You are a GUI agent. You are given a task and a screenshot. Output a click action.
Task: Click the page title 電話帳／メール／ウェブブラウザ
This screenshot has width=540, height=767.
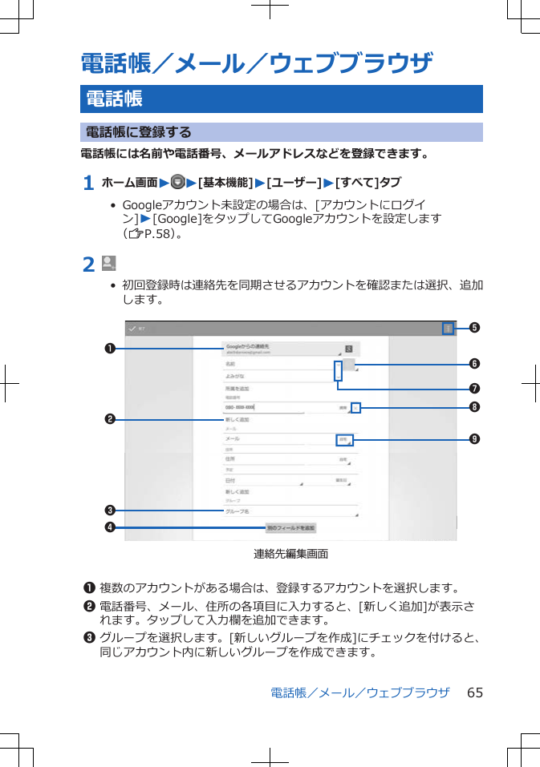(x=257, y=63)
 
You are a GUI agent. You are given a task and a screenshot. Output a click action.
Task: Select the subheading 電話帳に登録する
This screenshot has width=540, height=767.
(x=138, y=132)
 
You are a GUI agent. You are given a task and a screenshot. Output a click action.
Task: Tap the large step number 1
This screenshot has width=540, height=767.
(x=88, y=184)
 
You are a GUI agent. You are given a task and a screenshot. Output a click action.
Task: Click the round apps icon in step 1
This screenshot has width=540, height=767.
(x=177, y=184)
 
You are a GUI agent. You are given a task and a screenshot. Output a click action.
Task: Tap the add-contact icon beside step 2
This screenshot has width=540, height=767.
(x=109, y=263)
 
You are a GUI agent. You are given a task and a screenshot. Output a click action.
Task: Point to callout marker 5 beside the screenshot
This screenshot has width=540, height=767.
(x=475, y=328)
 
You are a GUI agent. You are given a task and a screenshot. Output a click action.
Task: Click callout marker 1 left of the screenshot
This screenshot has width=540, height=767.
(x=106, y=349)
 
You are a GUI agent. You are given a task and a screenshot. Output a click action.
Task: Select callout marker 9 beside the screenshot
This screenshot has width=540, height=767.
(x=475, y=439)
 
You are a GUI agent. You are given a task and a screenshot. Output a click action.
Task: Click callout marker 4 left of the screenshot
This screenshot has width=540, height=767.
(x=106, y=527)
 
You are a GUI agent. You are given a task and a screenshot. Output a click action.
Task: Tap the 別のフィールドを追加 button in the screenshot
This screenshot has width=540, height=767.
(x=291, y=528)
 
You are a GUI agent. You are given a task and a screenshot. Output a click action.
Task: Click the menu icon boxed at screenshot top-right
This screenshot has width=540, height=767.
(x=449, y=328)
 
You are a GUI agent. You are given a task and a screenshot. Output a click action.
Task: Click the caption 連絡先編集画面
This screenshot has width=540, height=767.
(x=290, y=554)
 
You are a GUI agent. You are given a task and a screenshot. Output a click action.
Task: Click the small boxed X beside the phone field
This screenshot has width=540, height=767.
(x=356, y=407)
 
